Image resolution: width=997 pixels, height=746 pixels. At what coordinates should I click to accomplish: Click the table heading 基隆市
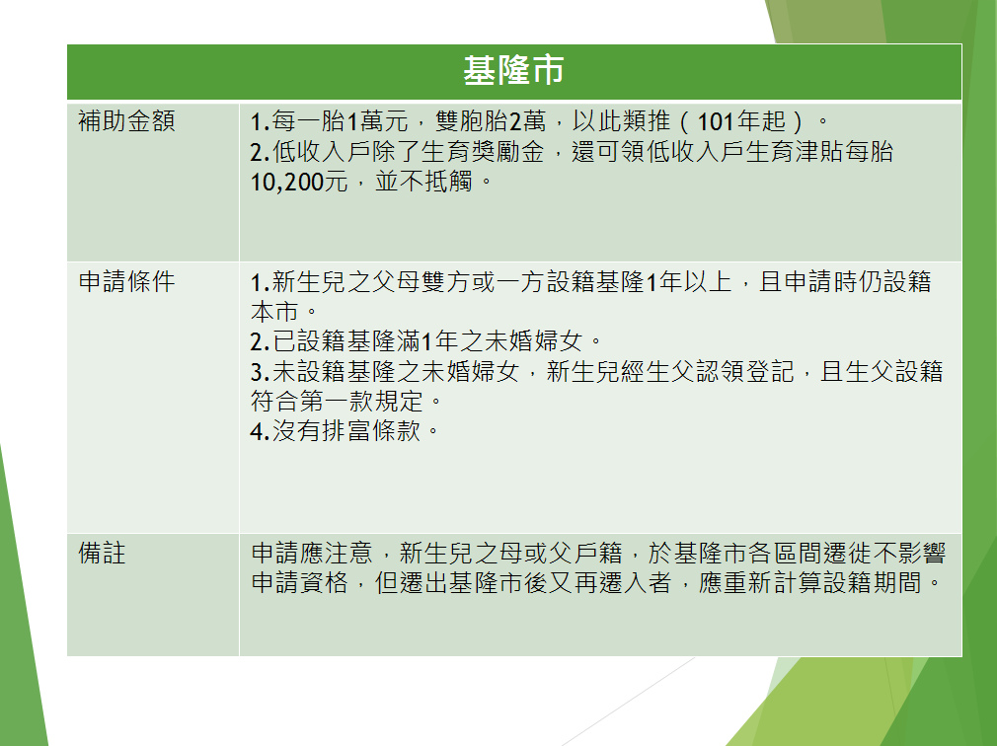pos(513,70)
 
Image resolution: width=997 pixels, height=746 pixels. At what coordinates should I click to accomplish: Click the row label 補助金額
pos(126,120)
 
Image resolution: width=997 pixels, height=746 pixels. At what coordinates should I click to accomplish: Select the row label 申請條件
pos(126,281)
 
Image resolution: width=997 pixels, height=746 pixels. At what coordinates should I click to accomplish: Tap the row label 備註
pos(102,553)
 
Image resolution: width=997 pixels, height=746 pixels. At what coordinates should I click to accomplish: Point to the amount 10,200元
pos(299,182)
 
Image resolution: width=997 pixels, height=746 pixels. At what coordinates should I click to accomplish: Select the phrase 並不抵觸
pos(423,182)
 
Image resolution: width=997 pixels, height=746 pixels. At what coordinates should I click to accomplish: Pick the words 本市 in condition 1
pos(274,312)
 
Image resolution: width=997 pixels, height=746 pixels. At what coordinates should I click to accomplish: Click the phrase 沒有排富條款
pos(346,431)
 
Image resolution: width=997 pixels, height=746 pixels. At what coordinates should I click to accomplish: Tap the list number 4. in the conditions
pos(260,431)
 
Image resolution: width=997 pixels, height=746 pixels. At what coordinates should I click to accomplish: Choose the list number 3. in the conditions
pos(260,372)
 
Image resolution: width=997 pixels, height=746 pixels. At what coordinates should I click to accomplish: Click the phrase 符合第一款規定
pos(337,401)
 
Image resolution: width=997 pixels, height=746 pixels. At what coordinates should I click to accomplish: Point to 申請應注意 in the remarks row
pos(312,553)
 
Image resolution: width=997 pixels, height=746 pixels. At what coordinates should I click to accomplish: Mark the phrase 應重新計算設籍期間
pos(810,582)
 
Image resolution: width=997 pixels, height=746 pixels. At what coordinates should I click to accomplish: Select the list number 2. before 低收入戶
pos(260,152)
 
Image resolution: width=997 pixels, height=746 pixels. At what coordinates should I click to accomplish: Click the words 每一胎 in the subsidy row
pos(309,120)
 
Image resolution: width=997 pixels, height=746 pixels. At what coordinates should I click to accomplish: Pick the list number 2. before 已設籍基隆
pos(260,341)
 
